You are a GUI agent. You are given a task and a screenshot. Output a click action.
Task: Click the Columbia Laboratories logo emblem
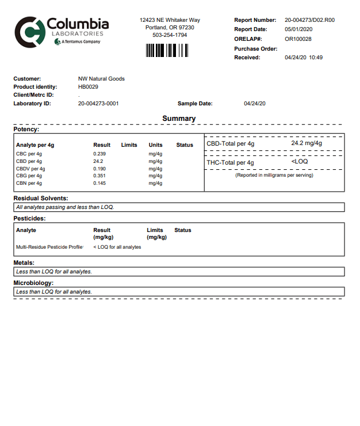coord(28,32)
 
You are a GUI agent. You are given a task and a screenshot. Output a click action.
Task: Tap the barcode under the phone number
coord(166,51)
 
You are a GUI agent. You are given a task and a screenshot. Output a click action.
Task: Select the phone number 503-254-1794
coord(170,35)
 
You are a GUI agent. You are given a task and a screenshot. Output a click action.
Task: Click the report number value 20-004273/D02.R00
coord(309,20)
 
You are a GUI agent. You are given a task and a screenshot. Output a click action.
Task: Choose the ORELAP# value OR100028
coord(298,39)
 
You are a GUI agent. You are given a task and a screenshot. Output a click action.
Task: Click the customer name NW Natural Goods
coord(101,79)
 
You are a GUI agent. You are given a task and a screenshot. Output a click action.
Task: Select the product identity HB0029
coord(88,87)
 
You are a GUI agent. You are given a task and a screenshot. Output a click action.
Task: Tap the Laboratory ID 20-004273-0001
coord(98,104)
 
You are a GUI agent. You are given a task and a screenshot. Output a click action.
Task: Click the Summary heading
coord(179,119)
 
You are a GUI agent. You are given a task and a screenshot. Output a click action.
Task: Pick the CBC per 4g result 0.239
coord(99,154)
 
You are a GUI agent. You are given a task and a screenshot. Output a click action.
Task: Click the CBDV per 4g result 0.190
coord(99,169)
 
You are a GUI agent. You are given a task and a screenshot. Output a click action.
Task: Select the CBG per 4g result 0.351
coord(99,176)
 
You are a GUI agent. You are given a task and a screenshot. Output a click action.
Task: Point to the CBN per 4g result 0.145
coord(99,183)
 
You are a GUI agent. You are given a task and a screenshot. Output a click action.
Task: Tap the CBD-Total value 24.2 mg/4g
coord(307,143)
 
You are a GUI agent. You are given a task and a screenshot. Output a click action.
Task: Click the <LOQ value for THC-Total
coord(300,162)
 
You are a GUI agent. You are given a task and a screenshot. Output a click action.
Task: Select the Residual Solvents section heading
coord(44,198)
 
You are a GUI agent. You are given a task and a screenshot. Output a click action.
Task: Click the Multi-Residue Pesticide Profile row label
coord(49,247)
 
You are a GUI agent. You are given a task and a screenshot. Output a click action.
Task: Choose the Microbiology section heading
coord(41,283)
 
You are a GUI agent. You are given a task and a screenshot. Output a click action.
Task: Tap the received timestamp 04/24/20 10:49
coord(304,58)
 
